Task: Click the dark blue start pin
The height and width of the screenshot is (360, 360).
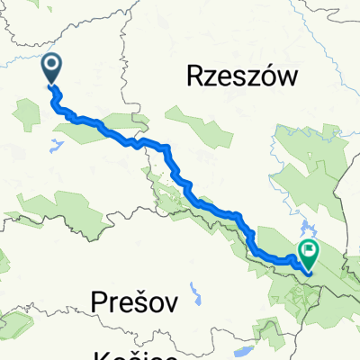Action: coord(52,67)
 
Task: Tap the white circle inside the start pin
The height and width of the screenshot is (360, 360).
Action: coord(52,63)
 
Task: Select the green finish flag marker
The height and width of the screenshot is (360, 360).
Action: coord(310,254)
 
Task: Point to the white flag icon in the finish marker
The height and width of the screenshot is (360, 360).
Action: coord(310,251)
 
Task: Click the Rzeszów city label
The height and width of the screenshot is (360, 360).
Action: coord(242,78)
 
